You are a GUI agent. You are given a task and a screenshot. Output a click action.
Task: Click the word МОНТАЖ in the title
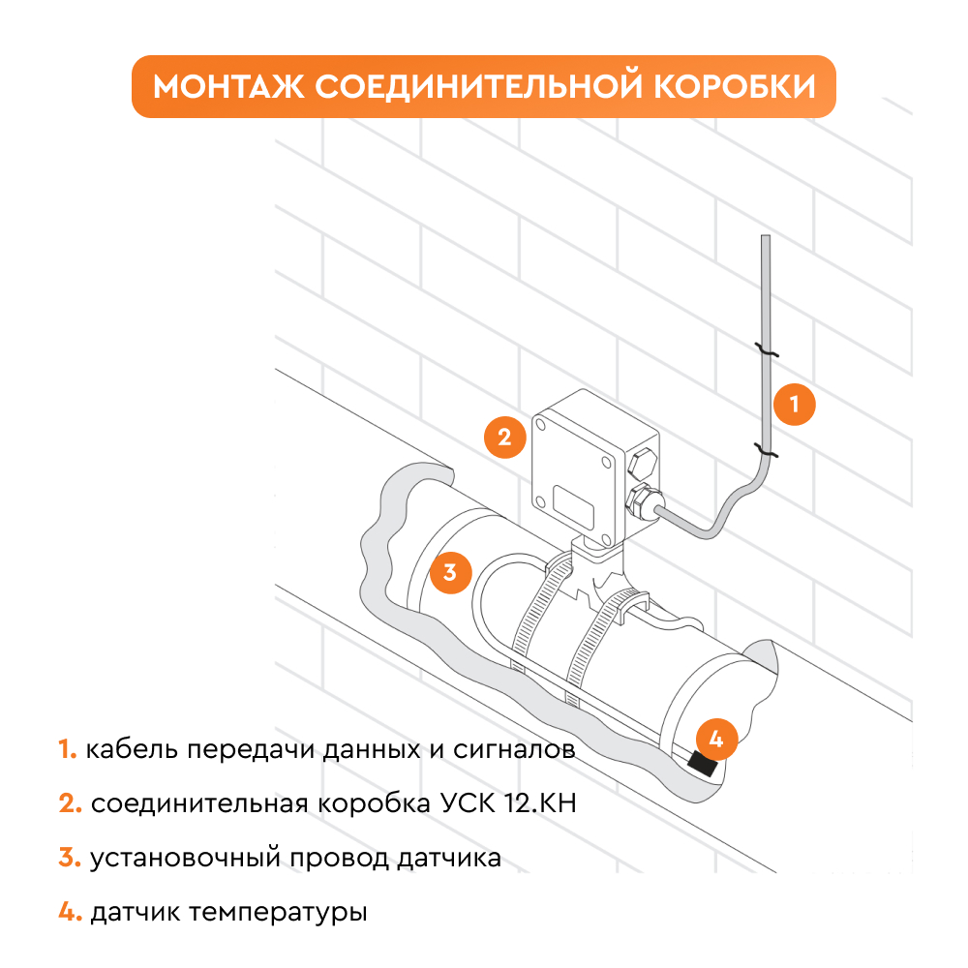[228, 86]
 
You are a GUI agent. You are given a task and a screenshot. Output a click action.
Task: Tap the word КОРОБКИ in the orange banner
[735, 86]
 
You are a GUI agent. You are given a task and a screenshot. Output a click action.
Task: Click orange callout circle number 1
[795, 405]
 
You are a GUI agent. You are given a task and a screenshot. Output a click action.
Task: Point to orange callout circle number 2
[505, 438]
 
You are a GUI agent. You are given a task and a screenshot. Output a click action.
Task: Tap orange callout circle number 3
[451, 572]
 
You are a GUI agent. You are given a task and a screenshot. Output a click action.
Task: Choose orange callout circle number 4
[716, 739]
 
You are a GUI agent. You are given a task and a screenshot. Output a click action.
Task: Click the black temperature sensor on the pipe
[703, 765]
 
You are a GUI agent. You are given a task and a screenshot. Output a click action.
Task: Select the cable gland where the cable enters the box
[644, 502]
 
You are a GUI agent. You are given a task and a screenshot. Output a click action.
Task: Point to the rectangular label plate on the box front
[573, 507]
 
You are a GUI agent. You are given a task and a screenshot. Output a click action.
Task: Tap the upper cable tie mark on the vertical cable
[766, 350]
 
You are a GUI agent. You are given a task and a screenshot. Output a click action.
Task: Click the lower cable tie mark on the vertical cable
[766, 450]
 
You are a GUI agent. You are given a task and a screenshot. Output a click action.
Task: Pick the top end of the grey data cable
[766, 236]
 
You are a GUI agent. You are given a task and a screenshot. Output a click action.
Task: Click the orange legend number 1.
[68, 749]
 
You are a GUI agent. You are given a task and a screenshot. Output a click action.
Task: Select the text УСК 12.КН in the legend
[508, 803]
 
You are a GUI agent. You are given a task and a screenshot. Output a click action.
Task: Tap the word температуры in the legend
[277, 913]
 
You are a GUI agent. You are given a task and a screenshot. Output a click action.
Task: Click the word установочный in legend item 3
[186, 858]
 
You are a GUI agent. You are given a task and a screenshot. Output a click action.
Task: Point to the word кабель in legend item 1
[132, 749]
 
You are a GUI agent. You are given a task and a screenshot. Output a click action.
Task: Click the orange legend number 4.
[70, 912]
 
